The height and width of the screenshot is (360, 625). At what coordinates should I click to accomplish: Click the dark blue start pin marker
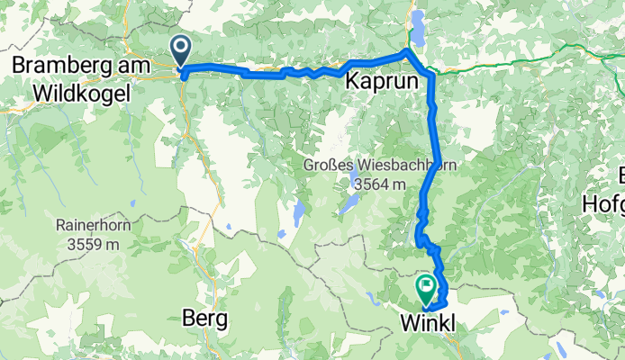[180, 49]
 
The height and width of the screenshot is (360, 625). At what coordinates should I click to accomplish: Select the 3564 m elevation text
[380, 184]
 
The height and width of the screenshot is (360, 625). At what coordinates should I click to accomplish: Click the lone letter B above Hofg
[618, 175]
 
